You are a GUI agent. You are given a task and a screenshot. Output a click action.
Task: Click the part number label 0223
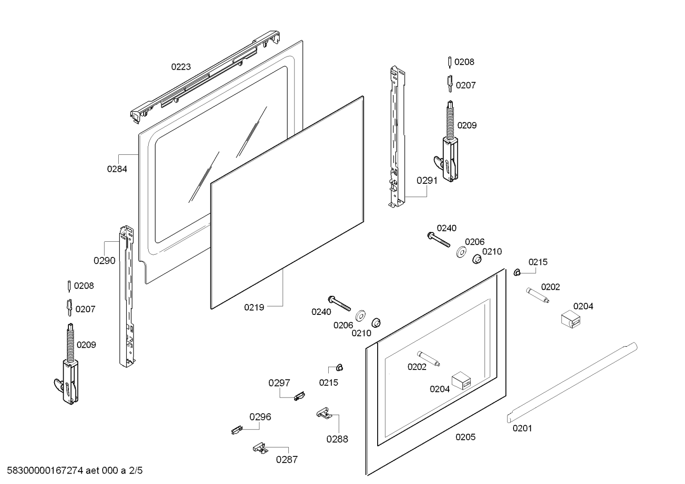click(x=181, y=67)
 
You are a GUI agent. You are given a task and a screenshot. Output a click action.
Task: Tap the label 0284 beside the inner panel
click(x=117, y=169)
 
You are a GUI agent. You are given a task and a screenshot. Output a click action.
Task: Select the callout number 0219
click(x=254, y=307)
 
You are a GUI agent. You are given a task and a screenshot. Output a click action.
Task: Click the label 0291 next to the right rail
click(x=427, y=180)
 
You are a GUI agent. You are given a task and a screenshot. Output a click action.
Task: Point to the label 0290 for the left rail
click(x=104, y=260)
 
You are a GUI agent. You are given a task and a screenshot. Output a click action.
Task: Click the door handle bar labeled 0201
click(x=570, y=382)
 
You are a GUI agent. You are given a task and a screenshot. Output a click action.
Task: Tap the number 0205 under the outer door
click(x=465, y=437)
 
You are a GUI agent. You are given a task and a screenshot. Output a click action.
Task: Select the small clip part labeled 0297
click(x=299, y=395)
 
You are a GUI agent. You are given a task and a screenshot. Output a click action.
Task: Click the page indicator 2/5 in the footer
click(x=135, y=471)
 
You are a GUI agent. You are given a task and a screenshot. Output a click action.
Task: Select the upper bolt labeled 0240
click(x=440, y=239)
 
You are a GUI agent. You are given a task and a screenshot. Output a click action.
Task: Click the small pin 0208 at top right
click(x=449, y=62)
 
